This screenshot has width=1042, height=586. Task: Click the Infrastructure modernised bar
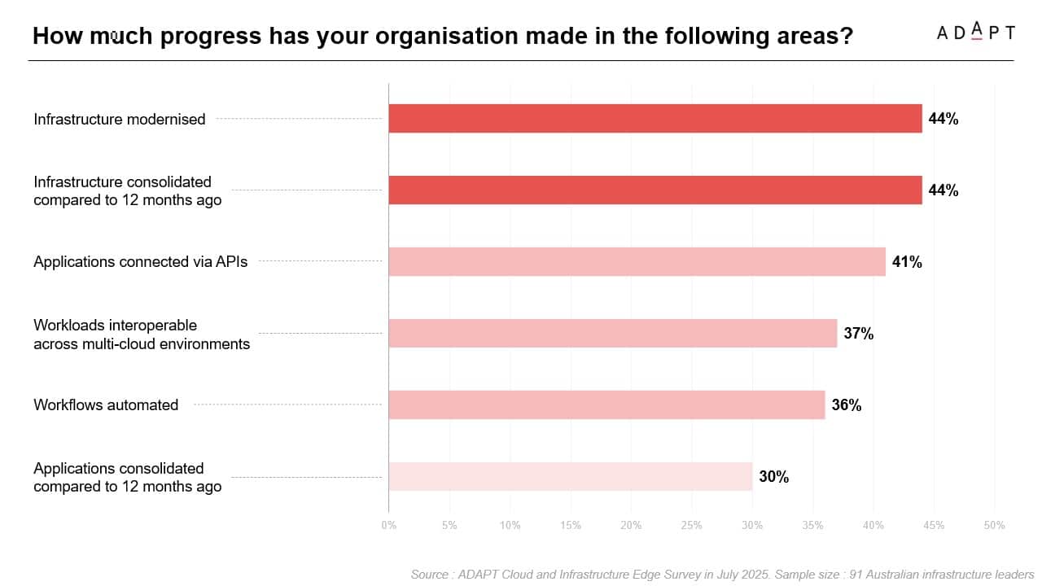pyautogui.click(x=655, y=119)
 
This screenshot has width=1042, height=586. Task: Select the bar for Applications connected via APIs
pyautogui.click(x=637, y=262)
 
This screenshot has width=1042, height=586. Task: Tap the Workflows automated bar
pyautogui.click(x=606, y=405)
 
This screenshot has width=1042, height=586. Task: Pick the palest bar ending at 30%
pyautogui.click(x=570, y=476)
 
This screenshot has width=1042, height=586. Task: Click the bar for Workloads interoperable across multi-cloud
pyautogui.click(x=612, y=333)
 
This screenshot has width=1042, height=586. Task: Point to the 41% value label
pyautogui.click(x=907, y=262)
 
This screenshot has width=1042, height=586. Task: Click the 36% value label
pyautogui.click(x=847, y=405)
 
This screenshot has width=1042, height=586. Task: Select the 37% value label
pyautogui.click(x=858, y=333)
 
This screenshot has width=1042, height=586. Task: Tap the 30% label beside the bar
pyautogui.click(x=773, y=477)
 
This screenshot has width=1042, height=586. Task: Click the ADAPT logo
pyautogui.click(x=975, y=33)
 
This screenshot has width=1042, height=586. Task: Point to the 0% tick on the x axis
pyautogui.click(x=389, y=526)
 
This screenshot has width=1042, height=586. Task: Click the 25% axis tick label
pyautogui.click(x=691, y=526)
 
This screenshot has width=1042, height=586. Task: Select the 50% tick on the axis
pyautogui.click(x=994, y=526)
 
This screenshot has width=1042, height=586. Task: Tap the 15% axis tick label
pyautogui.click(x=571, y=526)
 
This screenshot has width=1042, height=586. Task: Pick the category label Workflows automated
pyautogui.click(x=106, y=405)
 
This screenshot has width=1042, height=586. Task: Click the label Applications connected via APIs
pyautogui.click(x=141, y=262)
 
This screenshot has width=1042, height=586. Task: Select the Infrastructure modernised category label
pyautogui.click(x=120, y=119)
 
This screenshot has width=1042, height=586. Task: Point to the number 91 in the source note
pyautogui.click(x=856, y=575)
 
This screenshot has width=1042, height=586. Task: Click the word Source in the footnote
pyautogui.click(x=429, y=575)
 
